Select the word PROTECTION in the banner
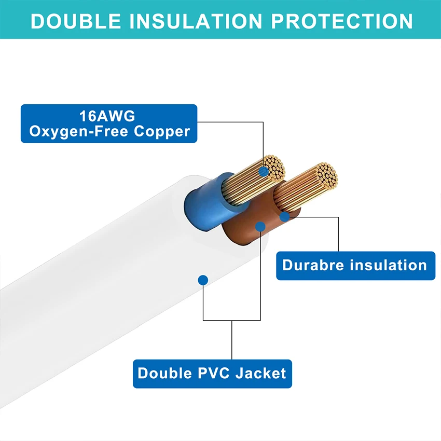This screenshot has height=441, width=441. [342, 21]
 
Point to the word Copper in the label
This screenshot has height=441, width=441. [162, 131]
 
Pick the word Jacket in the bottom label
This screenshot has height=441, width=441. [261, 373]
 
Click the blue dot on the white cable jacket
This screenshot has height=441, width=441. [203, 280]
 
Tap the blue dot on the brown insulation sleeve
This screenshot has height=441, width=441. [260, 226]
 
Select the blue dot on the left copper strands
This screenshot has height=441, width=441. [264, 170]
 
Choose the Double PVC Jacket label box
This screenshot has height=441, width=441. [212, 374]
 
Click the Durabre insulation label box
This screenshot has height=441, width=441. [355, 266]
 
